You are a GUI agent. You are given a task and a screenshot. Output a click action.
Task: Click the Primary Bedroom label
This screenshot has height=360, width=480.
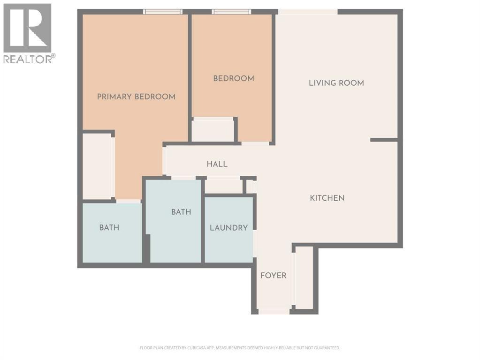tap(136, 97)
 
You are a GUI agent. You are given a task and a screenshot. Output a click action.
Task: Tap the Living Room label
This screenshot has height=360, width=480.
tap(336, 83)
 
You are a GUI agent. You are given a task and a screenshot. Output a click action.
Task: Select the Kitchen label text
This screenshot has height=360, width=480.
tap(327, 198)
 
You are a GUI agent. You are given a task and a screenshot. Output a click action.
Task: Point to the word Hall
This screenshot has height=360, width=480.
tap(217, 164)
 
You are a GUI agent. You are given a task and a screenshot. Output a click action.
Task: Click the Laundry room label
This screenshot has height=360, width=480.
tap(229, 228)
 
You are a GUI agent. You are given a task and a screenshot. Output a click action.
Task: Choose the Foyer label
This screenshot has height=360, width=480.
tap(273, 276)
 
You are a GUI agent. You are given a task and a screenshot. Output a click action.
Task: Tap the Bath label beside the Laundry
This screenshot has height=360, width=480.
tap(181, 212)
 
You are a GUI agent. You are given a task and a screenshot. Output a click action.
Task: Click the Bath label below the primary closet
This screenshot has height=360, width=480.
tap(109, 228)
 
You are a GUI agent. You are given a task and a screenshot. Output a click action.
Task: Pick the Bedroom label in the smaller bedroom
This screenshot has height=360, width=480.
tap(234, 78)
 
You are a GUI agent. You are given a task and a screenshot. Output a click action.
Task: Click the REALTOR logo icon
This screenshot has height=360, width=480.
tap(27, 28)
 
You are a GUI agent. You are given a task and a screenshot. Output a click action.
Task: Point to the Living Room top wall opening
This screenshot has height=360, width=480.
tap(308, 12)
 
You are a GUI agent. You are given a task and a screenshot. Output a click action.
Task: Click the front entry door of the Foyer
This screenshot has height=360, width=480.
tap(274, 311)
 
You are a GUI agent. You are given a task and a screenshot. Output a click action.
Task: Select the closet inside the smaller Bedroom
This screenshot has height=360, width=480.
tap(213, 130)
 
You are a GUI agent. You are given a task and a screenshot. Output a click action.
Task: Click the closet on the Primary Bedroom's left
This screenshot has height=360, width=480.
tap(98, 166)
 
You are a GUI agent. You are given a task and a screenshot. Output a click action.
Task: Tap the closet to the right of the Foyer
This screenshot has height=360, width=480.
tap(304, 279)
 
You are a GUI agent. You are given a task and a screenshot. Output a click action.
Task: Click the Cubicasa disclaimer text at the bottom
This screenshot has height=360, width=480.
tap(240, 348)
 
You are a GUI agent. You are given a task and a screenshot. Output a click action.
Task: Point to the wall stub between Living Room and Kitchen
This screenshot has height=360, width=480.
tap(384, 140)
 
